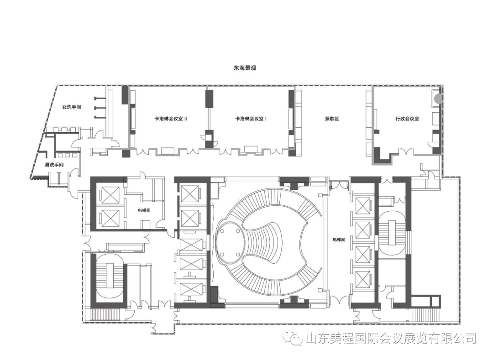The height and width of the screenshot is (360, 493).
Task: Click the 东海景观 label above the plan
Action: point(245,68)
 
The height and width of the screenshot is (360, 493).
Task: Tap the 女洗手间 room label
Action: point(71,107)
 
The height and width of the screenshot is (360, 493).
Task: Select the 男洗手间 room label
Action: point(54,165)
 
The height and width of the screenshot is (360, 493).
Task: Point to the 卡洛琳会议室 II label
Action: point(171,119)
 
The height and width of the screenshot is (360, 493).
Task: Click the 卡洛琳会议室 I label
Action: point(251,119)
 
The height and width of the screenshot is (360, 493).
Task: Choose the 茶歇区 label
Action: point(332,119)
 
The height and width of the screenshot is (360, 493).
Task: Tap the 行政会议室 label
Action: point(407,119)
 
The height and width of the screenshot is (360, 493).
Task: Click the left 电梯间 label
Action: point(144,210)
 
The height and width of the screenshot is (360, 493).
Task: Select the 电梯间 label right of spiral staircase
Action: point(339,240)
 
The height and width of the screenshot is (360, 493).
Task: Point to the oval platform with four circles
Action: point(230,242)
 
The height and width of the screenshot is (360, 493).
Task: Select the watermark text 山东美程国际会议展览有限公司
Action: point(391,338)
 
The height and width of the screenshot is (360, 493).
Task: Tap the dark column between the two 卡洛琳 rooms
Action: point(209,98)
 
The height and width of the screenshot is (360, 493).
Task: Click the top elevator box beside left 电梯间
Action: point(110,196)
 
